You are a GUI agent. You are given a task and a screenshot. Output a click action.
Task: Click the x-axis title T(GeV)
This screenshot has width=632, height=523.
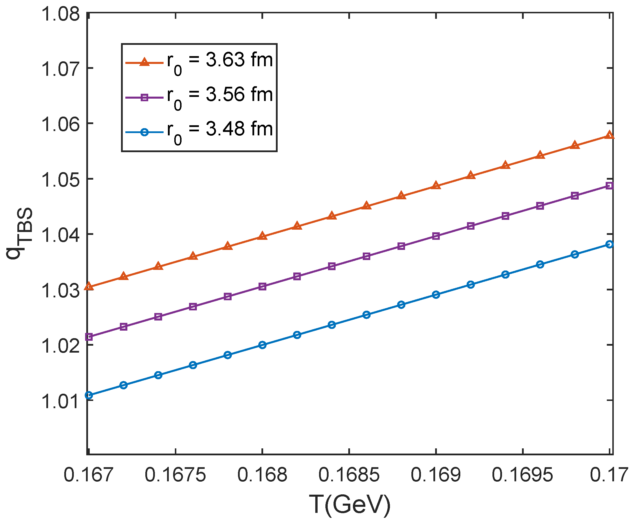350,505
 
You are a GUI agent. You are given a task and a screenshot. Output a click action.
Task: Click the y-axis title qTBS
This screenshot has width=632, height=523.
20,233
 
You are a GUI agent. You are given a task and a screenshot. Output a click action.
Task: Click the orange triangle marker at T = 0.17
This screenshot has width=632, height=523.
609,135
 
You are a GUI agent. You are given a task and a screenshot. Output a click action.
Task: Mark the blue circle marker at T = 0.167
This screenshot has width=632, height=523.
89,395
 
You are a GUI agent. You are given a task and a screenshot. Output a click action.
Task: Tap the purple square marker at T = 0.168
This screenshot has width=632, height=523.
262,286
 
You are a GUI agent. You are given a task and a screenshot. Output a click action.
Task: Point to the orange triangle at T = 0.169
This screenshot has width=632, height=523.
435,185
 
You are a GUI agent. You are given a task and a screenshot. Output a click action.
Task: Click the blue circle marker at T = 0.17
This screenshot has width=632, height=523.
609,244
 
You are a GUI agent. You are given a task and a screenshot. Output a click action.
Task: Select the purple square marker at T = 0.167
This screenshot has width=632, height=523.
89,337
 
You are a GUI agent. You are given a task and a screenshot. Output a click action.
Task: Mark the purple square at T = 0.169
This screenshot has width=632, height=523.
435,236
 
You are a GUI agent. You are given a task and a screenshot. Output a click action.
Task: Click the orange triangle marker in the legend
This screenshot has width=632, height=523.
144,62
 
